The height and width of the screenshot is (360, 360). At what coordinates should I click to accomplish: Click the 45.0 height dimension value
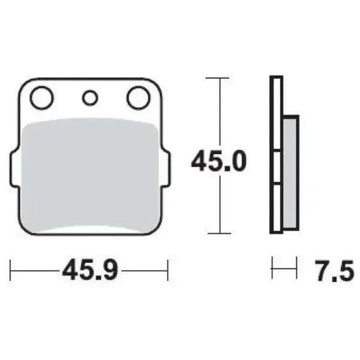tap(218, 161)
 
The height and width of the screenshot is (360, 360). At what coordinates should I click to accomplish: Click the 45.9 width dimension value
tap(90, 271)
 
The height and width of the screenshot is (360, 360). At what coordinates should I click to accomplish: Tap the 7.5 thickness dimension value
tap(334, 271)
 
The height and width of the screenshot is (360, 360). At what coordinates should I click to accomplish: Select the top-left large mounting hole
tap(41, 97)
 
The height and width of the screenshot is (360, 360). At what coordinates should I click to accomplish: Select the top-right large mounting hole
tap(139, 97)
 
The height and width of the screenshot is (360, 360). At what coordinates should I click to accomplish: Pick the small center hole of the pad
tap(90, 98)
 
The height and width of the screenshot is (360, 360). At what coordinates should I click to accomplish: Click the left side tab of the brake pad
tap(14, 168)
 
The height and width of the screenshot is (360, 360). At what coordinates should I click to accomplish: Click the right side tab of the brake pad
tap(166, 168)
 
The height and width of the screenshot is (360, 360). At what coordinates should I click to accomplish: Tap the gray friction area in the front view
tap(89, 175)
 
